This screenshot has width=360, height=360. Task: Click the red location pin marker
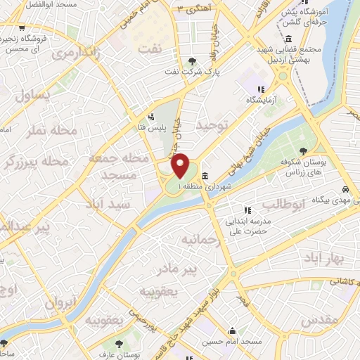click(181, 166)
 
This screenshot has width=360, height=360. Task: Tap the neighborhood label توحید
click(212, 126)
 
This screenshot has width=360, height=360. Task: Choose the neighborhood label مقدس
click(322, 320)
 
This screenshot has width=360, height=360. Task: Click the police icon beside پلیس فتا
click(152, 117)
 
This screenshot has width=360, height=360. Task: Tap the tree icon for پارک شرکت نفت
click(194, 62)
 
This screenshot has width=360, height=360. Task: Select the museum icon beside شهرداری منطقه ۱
click(204, 176)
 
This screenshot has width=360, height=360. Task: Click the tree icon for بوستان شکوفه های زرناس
click(303, 151)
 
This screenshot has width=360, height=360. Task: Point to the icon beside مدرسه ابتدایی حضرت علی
click(246, 210)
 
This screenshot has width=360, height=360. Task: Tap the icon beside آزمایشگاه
click(261, 89)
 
